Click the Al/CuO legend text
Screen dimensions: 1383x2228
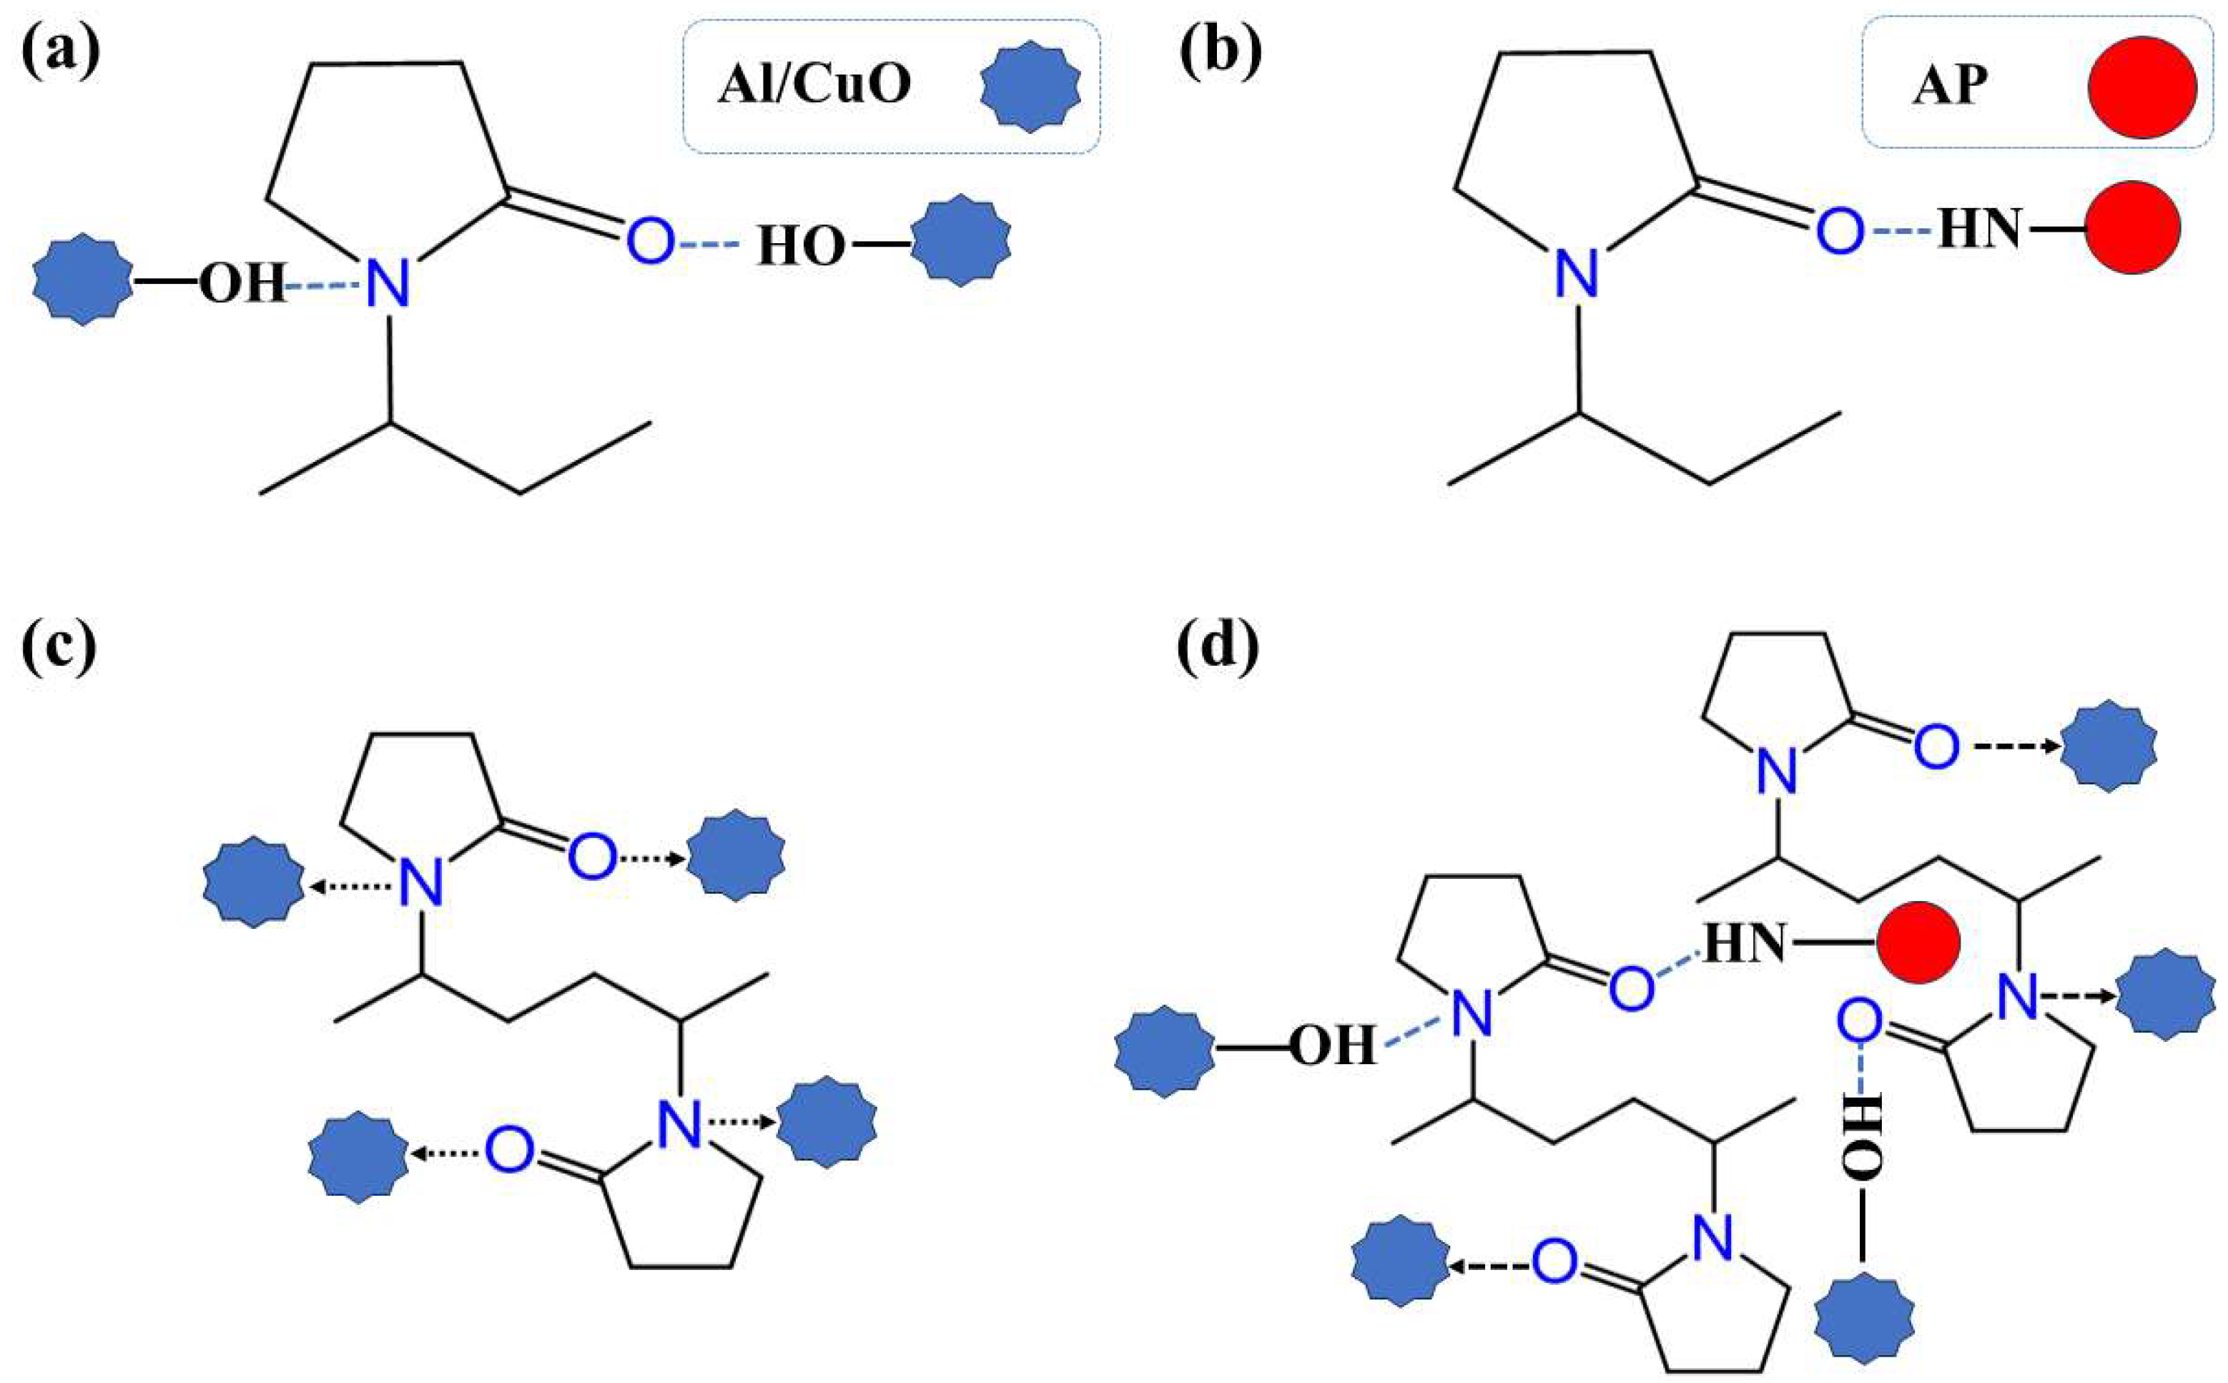(814, 87)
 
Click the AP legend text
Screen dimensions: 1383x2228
(1949, 89)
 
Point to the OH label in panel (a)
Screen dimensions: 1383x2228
(242, 284)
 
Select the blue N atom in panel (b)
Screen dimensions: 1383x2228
(1578, 272)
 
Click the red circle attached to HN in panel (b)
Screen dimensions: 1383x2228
(2132, 227)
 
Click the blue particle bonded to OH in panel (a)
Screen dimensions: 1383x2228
(82, 280)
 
